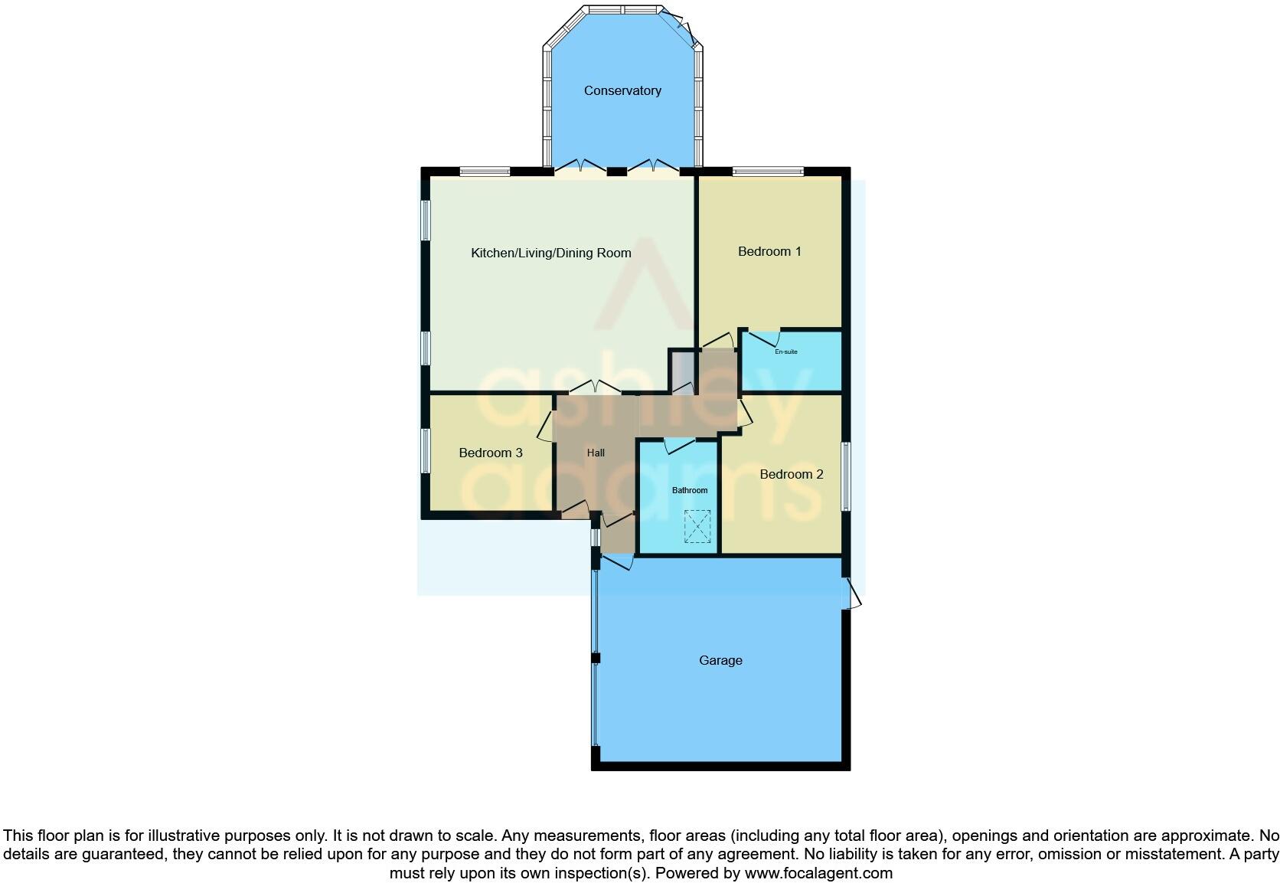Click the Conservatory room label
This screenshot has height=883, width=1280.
click(x=622, y=90)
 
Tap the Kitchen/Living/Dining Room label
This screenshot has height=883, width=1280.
click(x=550, y=253)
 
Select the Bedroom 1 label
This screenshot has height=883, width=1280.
click(x=769, y=251)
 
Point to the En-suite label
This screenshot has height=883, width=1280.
click(x=786, y=352)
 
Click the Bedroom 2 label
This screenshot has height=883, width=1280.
click(x=792, y=474)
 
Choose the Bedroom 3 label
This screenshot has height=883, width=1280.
click(x=491, y=453)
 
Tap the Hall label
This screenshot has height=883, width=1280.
click(x=596, y=453)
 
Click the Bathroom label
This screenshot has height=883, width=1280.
click(x=690, y=490)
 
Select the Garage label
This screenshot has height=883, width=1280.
click(x=720, y=660)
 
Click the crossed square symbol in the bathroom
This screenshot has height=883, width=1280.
click(x=697, y=527)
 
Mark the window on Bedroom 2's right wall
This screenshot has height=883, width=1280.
click(x=846, y=476)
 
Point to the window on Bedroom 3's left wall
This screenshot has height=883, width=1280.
click(x=425, y=450)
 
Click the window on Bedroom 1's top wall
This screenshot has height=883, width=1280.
click(x=767, y=172)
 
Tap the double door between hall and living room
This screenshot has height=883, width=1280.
click(x=595, y=388)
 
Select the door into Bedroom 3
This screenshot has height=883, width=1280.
click(x=546, y=427)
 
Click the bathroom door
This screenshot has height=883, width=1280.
click(x=680, y=444)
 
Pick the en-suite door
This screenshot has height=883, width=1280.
click(x=763, y=335)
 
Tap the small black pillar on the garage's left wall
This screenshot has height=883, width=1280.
click(x=596, y=658)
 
